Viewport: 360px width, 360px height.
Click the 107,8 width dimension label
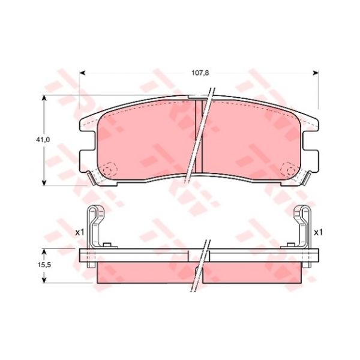[x=200, y=73]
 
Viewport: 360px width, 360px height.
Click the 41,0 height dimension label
[x=43, y=140]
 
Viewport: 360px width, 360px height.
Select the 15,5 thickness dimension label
[x=44, y=265]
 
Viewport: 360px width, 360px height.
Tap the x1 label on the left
[x=80, y=233]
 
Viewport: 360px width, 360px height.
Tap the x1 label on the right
[x=318, y=233]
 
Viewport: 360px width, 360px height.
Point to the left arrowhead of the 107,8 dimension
[x=82, y=73]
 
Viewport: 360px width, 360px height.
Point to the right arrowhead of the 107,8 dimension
[x=316, y=73]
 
